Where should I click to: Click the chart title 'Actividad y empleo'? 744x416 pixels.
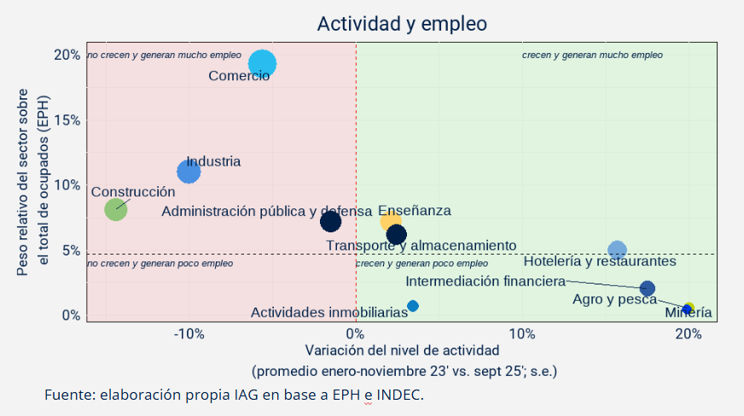[x=402, y=23]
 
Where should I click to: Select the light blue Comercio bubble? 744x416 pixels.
[x=262, y=63]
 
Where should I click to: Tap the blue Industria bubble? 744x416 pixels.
[x=189, y=172]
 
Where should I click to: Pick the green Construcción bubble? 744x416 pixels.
[x=116, y=209]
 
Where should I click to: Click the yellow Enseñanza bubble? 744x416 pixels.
[x=391, y=221]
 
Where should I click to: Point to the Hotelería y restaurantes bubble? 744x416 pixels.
[x=617, y=250]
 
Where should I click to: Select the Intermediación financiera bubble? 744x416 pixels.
[x=647, y=289]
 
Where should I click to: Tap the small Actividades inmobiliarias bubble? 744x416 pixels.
[x=413, y=306]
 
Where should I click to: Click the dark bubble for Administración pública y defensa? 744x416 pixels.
[x=330, y=221]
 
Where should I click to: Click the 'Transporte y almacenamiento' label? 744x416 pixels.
[x=421, y=246]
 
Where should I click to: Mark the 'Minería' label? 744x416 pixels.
[x=688, y=313]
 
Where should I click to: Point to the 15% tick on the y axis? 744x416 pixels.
[x=67, y=120]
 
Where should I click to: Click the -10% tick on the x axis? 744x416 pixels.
[x=189, y=333]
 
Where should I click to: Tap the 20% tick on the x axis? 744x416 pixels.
[x=688, y=333]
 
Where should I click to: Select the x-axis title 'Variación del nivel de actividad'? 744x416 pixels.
[x=402, y=350]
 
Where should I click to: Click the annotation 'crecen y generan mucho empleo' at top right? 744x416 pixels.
[x=592, y=56]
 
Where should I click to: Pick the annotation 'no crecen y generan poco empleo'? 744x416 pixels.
[x=160, y=264]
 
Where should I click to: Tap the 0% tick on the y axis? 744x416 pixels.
[x=72, y=315]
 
